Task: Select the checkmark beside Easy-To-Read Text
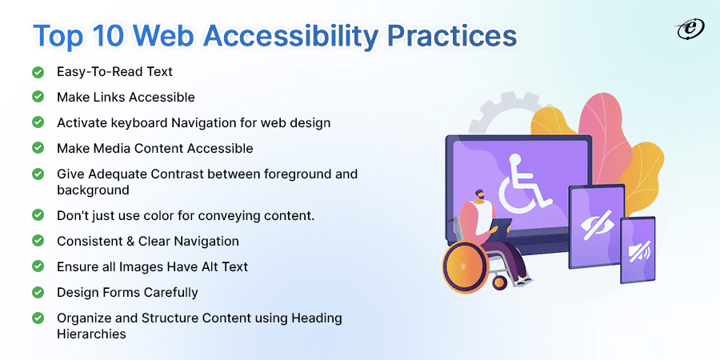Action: pos(38,72)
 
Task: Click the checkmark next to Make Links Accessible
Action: pos(38,97)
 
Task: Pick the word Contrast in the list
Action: pos(181,174)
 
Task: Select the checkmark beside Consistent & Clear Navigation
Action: pos(38,241)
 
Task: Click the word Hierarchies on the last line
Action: pos(91,334)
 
